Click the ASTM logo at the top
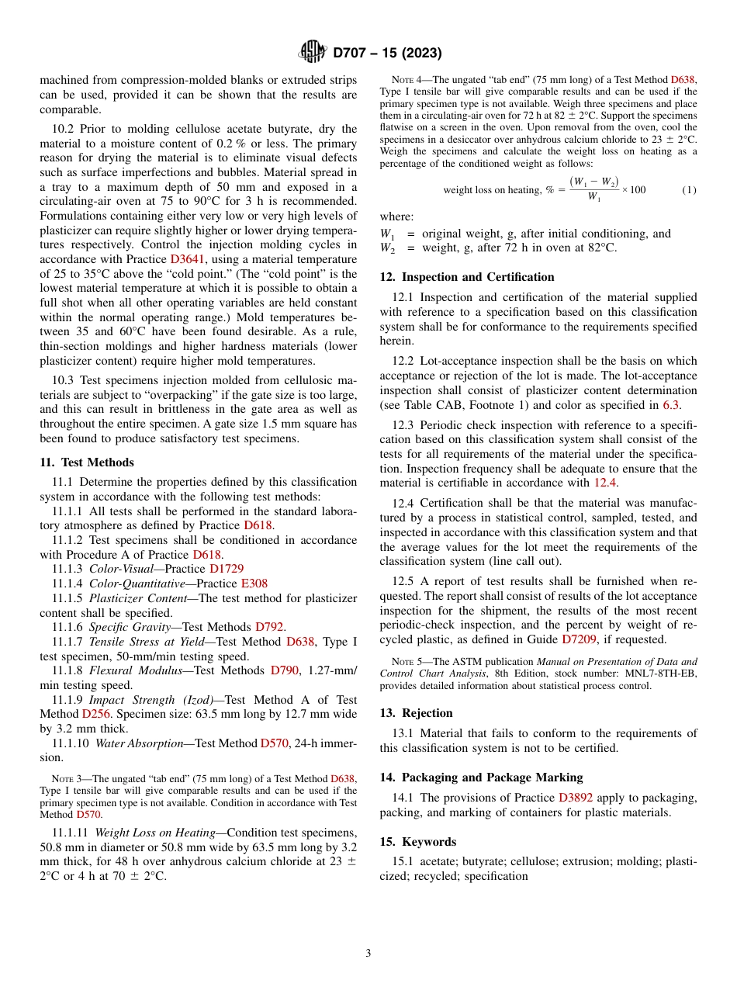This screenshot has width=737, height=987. [313, 53]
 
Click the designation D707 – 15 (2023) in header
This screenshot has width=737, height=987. [387, 54]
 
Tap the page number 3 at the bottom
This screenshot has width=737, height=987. [368, 953]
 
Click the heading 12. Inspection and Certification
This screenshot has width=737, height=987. [467, 277]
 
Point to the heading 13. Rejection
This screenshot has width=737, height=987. [416, 713]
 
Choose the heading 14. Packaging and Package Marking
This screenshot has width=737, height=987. [481, 777]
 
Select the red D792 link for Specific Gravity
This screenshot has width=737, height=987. [270, 627]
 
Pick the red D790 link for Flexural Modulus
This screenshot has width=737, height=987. [285, 670]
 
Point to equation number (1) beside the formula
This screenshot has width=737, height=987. [688, 190]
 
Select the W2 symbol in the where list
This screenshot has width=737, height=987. [386, 248]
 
